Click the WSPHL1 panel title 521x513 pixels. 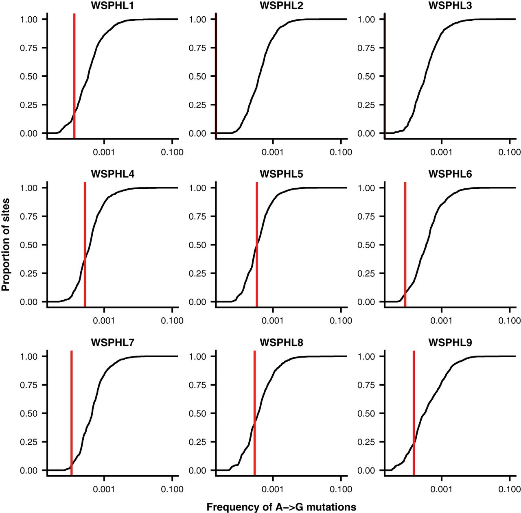point(112,6)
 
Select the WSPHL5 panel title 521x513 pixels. point(281,174)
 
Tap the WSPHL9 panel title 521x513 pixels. point(450,343)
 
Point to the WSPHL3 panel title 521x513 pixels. point(450,6)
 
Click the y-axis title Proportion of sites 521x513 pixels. point(6,244)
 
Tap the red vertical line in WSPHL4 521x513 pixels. point(85,244)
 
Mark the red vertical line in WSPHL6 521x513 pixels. point(405,244)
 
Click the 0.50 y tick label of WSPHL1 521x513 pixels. point(28,76)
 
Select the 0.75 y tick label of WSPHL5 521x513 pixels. point(197,216)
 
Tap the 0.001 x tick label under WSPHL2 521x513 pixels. point(272,152)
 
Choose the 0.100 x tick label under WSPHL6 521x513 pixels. point(509,321)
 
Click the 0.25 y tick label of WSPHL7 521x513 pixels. point(28,442)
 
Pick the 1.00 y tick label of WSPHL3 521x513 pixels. point(366,20)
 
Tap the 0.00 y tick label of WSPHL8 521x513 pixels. point(197,471)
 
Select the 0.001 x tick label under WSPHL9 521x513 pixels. point(441,489)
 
